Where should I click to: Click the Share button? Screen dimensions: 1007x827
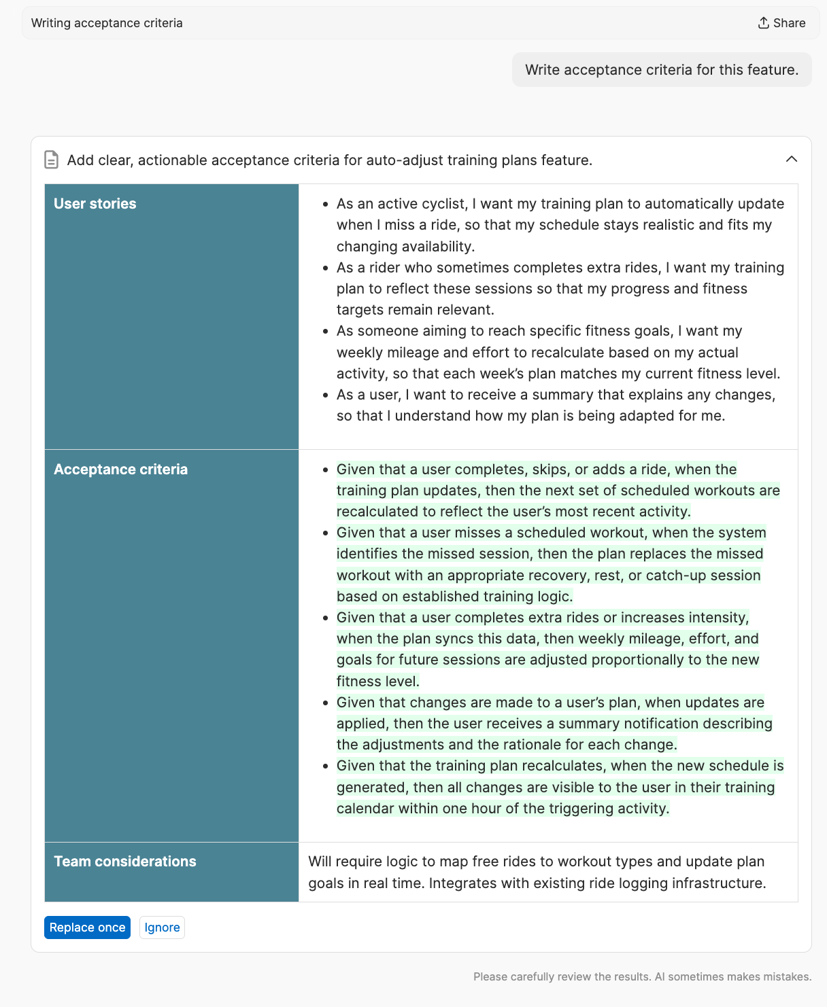click(x=781, y=23)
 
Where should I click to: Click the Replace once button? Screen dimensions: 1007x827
click(x=87, y=927)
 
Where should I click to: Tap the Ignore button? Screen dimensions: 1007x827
click(x=162, y=927)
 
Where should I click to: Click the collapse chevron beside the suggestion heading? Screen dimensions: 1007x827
click(x=791, y=159)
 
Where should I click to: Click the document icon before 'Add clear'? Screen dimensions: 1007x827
click(x=51, y=160)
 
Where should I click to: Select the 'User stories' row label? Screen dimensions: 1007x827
click(x=95, y=204)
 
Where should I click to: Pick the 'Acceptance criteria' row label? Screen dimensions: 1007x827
click(x=120, y=470)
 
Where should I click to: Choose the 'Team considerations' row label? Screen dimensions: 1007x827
click(x=125, y=862)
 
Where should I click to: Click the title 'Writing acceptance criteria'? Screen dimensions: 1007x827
click(x=107, y=23)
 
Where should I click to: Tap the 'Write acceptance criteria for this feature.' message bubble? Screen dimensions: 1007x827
click(x=661, y=70)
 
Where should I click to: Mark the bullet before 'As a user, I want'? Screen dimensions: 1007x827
click(x=326, y=395)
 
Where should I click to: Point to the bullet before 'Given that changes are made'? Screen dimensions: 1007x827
click(x=326, y=703)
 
